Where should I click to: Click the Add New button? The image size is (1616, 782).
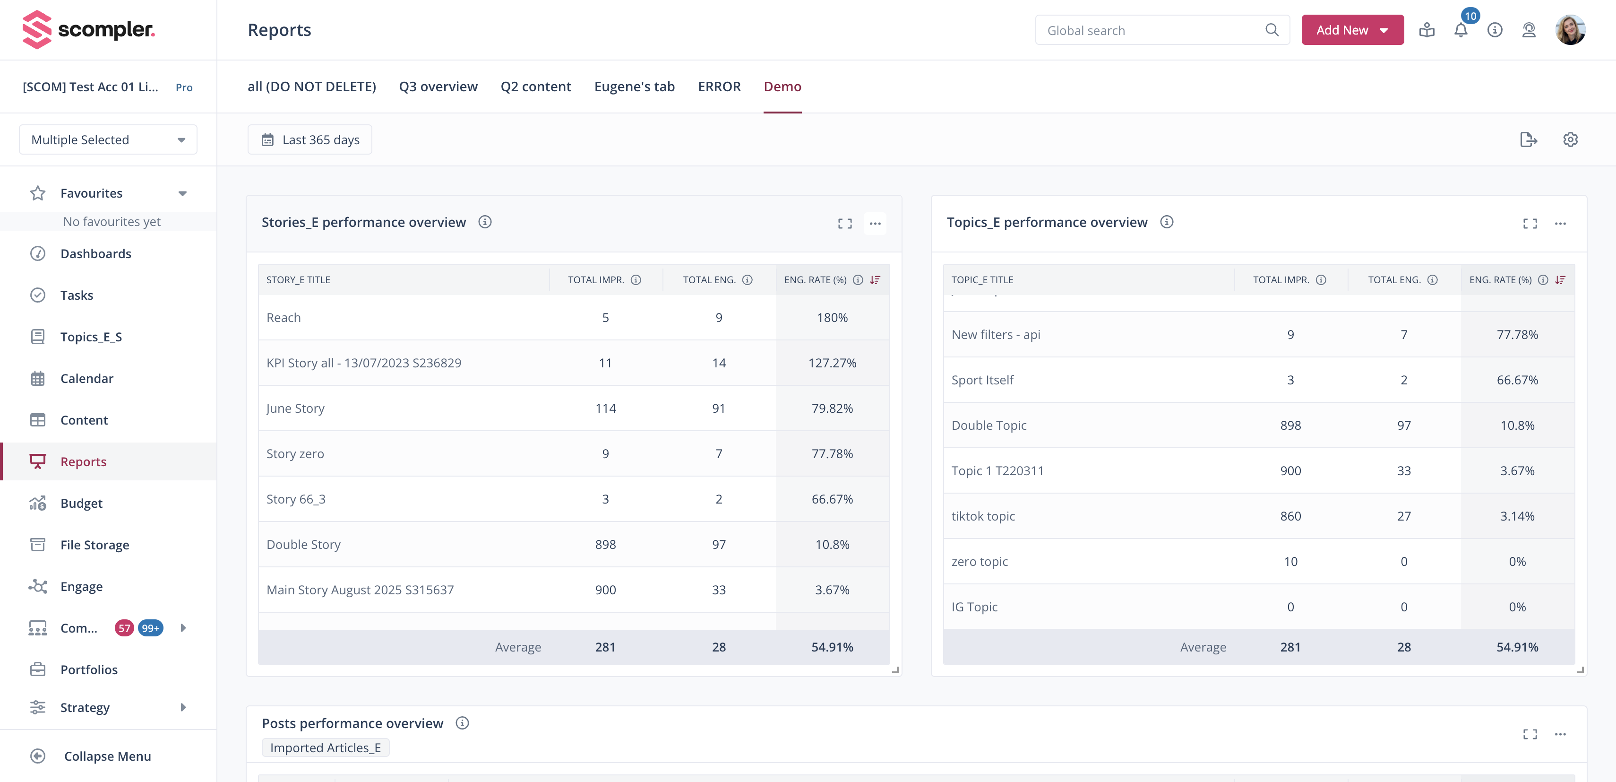pyautogui.click(x=1351, y=30)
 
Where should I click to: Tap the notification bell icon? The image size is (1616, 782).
pyautogui.click(x=1461, y=30)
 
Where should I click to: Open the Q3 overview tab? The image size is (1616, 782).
pyautogui.click(x=438, y=87)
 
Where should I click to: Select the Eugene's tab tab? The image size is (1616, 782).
pyautogui.click(x=634, y=87)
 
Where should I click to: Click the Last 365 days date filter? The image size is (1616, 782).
pyautogui.click(x=310, y=139)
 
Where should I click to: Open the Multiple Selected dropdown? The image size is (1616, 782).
pyautogui.click(x=108, y=139)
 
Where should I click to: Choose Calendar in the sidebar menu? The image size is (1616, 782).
pyautogui.click(x=86, y=378)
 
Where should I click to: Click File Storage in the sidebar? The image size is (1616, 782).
pyautogui.click(x=95, y=545)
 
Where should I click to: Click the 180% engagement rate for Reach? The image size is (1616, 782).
pyautogui.click(x=832, y=318)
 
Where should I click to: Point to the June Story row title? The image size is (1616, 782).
pyautogui.click(x=295, y=408)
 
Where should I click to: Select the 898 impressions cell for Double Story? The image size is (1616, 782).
pyautogui.click(x=605, y=545)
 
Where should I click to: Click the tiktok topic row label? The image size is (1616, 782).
pyautogui.click(x=983, y=516)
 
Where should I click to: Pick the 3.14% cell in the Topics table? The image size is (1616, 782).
pyautogui.click(x=1517, y=516)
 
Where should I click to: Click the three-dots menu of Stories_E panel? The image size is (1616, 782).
pyautogui.click(x=875, y=224)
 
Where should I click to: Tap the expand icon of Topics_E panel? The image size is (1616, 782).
pyautogui.click(x=1530, y=224)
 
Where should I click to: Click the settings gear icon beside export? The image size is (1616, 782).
pyautogui.click(x=1570, y=139)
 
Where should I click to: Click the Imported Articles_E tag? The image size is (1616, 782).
pyautogui.click(x=325, y=747)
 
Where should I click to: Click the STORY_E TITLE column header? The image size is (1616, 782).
pyautogui.click(x=298, y=280)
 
